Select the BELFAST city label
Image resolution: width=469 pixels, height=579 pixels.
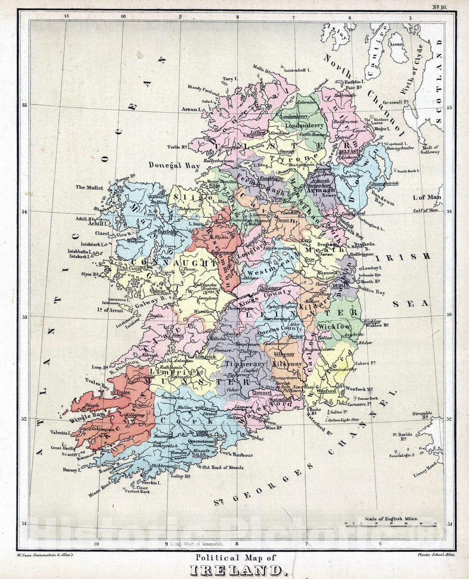[349, 151]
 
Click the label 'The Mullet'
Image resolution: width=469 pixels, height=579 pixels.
[89, 187]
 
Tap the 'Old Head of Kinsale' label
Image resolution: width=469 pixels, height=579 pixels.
[223, 468]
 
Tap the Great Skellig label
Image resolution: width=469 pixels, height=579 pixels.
[63, 448]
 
